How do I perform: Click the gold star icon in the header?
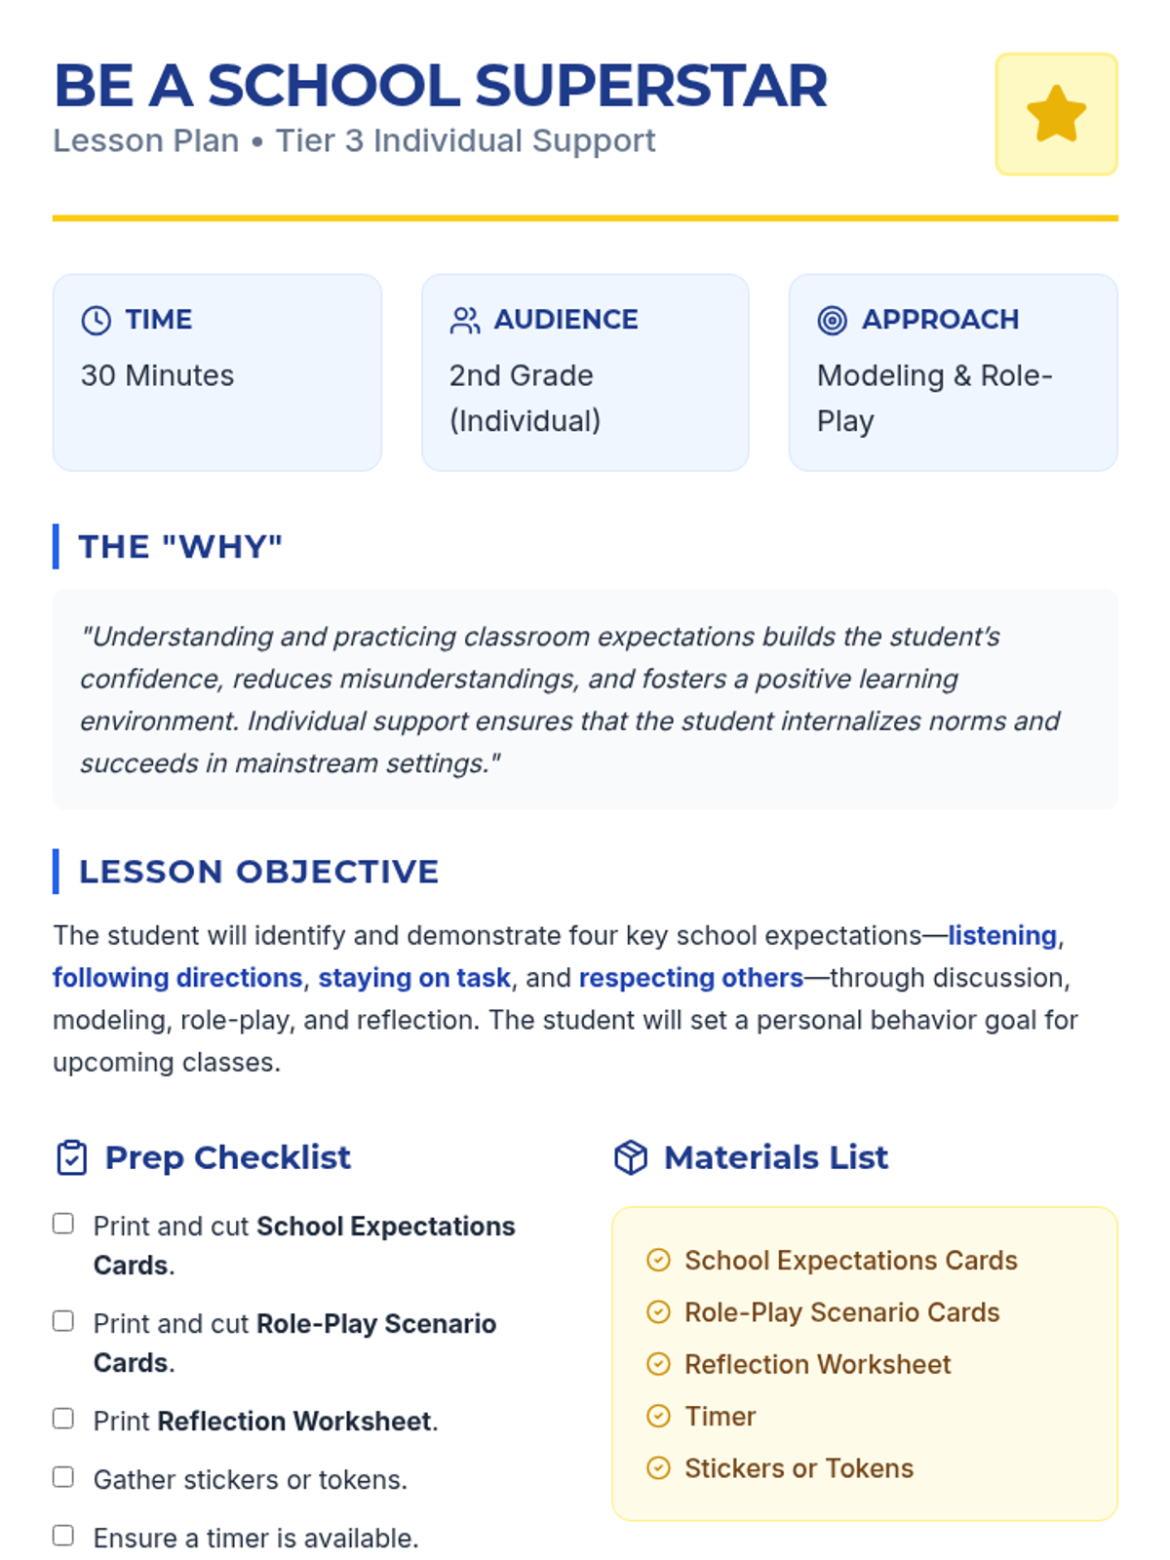pos(1056,114)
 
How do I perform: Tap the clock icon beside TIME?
pos(96,320)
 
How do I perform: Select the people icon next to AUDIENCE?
pos(465,320)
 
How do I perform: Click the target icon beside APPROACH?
pos(832,320)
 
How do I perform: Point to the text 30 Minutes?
pos(157,375)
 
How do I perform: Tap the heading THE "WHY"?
pos(180,546)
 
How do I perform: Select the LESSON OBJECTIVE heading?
pos(258,871)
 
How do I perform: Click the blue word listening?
pos(1002,935)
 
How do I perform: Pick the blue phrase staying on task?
pos(414,977)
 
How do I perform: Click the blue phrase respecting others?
pos(691,977)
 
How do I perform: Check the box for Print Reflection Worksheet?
pos(63,1419)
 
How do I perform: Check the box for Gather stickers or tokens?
pos(63,1477)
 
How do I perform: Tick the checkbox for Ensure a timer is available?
pos(63,1536)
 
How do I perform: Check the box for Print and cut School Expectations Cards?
pos(63,1224)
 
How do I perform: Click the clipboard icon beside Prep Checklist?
pos(72,1157)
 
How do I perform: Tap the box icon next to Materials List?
pos(631,1157)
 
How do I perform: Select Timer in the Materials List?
pos(720,1416)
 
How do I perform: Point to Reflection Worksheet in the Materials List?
pos(817,1364)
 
